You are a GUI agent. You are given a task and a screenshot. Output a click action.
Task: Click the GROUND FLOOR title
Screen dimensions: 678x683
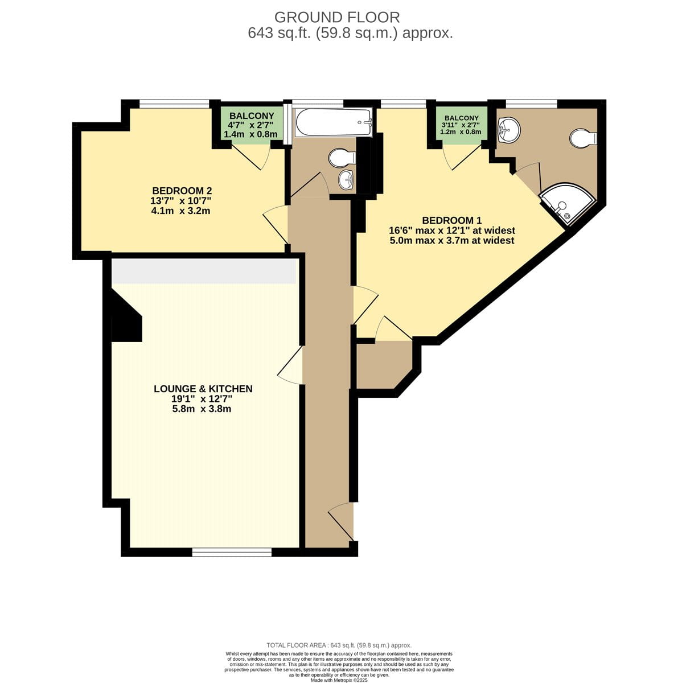click(x=337, y=17)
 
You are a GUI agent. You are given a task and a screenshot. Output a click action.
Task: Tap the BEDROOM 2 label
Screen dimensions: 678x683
click(x=182, y=190)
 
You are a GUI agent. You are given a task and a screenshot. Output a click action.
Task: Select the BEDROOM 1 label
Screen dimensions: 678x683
click(x=451, y=220)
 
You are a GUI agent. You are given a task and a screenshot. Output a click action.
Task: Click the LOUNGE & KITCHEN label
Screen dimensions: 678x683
click(x=203, y=389)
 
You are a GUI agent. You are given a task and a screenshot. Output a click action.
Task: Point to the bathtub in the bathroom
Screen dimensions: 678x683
click(x=334, y=122)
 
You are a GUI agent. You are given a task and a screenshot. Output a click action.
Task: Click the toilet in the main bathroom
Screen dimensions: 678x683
click(x=342, y=157)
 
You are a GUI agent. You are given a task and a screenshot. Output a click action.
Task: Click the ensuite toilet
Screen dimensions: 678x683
click(x=583, y=138)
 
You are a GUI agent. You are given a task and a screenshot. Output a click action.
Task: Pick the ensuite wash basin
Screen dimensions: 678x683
click(x=509, y=130)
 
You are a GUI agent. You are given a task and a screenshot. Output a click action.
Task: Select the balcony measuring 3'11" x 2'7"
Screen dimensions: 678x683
click(x=461, y=125)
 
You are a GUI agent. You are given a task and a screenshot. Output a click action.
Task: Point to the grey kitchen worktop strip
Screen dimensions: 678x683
click(x=204, y=271)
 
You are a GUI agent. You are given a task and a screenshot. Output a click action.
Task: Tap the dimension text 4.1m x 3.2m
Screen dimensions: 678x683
click(x=180, y=211)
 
